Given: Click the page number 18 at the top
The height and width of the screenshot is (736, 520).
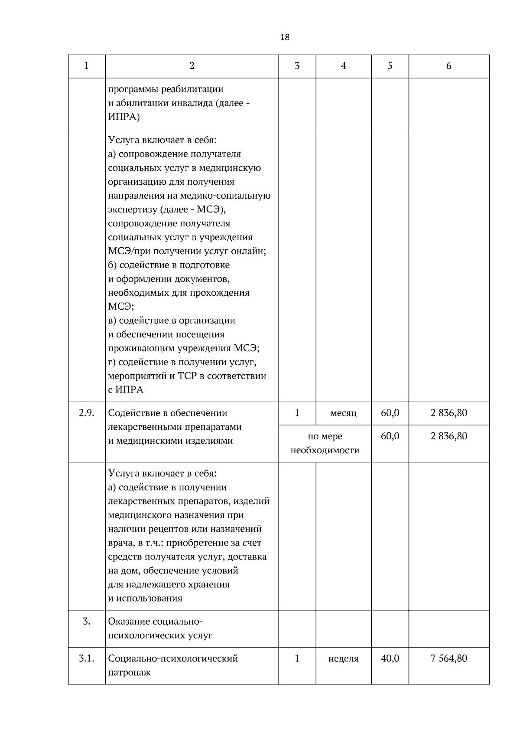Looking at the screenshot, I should tap(285, 37).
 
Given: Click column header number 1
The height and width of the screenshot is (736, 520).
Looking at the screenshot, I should tap(86, 66).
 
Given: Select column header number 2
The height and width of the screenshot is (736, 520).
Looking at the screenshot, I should tap(192, 66).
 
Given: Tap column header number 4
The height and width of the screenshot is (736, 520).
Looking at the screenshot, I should tap(343, 66).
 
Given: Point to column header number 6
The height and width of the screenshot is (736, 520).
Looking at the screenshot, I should tap(448, 66).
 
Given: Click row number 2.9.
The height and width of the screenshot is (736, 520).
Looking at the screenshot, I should tap(86, 413).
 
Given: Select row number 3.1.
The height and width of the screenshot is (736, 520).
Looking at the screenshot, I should tap(86, 658).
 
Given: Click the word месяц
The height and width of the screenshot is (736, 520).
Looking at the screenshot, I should tap(343, 413).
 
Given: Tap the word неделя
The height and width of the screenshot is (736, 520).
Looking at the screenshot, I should tap(343, 659).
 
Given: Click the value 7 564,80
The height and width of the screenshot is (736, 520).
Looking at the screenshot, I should tap(448, 658).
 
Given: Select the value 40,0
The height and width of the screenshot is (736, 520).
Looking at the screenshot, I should tap(390, 658).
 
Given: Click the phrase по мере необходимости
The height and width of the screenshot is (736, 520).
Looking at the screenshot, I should tap(325, 443).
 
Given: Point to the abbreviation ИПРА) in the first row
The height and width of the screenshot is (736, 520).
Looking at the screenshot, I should tap(124, 117).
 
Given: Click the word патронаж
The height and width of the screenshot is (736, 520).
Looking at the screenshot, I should tap(129, 673).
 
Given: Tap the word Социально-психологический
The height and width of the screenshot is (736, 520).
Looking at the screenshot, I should tap(173, 658).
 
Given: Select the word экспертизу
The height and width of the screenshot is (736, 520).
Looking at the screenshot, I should tap(132, 209).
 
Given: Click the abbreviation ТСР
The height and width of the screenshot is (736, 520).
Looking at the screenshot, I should tap(187, 376).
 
